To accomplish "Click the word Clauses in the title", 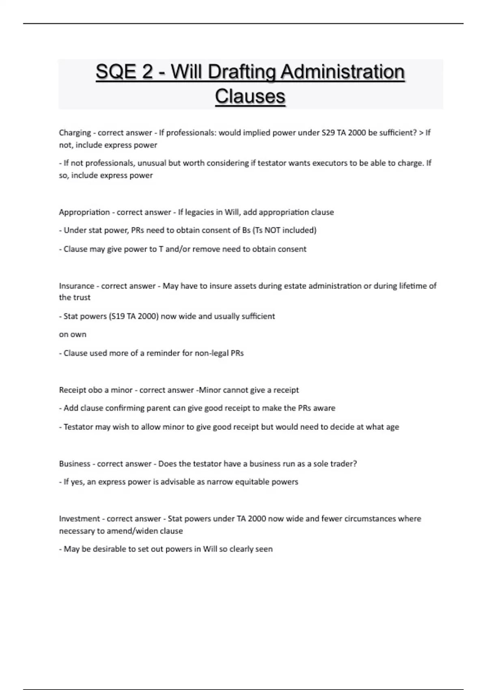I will click(x=250, y=97).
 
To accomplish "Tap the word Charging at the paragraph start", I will click(x=75, y=133).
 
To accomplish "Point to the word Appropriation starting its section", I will click(x=84, y=212).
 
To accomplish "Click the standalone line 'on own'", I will click(x=73, y=334).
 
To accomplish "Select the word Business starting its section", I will click(x=75, y=464).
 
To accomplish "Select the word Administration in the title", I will click(x=343, y=72).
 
